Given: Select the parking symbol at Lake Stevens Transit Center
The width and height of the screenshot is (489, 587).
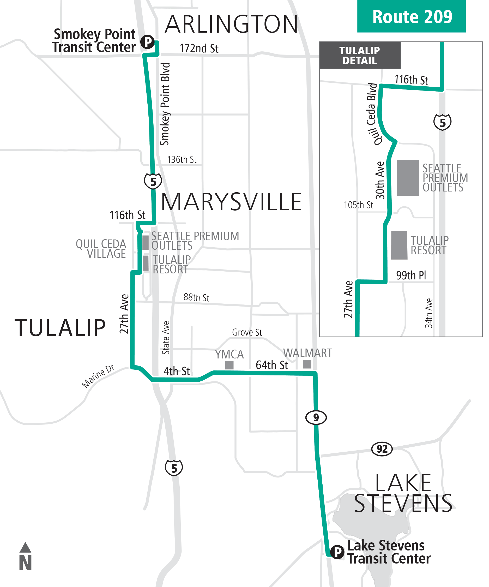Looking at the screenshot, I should pos(337,552).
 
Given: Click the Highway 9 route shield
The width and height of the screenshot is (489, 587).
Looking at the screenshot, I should pos(316,417).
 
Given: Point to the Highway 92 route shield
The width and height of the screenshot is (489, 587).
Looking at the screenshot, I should pos(382,449).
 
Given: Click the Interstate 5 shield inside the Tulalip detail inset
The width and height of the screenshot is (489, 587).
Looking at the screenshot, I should pos(442,122).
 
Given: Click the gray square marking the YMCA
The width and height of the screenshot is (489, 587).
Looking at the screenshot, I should pos(229,365).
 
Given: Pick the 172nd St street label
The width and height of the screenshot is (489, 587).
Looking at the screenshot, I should pos(199,49).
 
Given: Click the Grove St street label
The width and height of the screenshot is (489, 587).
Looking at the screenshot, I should pos(247,332).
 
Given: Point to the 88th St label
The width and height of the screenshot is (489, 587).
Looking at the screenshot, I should pos(196,297).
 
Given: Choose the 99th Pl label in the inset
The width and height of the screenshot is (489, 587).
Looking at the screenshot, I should pos(411,275).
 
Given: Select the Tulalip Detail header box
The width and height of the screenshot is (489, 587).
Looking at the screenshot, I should pos(360,55).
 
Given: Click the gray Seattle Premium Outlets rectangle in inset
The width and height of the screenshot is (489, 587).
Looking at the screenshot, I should pos(408,177).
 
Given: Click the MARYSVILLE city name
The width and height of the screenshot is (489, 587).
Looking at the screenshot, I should pos(231,202).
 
